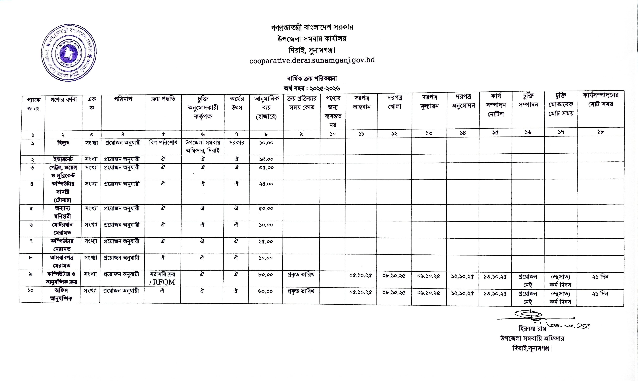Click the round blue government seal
[69, 53]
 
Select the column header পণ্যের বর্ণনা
[63, 99]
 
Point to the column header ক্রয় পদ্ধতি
[163, 99]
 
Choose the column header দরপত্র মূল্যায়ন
[429, 102]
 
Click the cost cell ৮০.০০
[265, 275]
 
